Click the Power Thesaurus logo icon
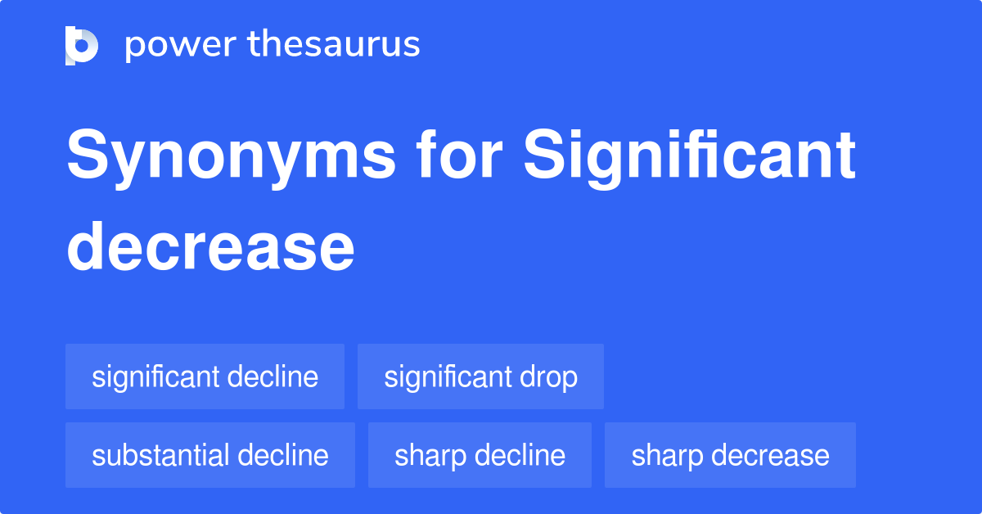pyautogui.click(x=82, y=45)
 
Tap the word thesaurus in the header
pyautogui.click(x=334, y=45)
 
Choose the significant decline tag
pyautogui.click(x=205, y=376)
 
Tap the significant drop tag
pyautogui.click(x=480, y=376)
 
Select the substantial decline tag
pyautogui.click(x=209, y=455)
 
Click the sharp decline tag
pyautogui.click(x=480, y=455)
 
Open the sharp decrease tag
pyautogui.click(x=730, y=455)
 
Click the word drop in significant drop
pyautogui.click(x=547, y=377)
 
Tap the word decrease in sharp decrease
pyautogui.click(x=768, y=455)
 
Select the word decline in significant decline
pyautogui.click(x=273, y=376)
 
